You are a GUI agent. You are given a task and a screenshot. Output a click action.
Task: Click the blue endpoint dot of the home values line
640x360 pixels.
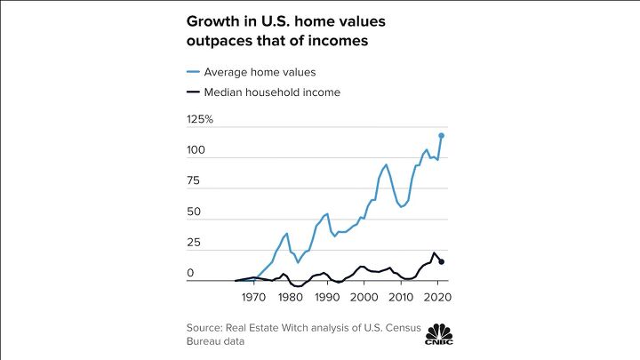tap(442, 135)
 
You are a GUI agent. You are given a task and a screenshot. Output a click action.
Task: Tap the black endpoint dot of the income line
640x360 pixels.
tap(442, 261)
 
